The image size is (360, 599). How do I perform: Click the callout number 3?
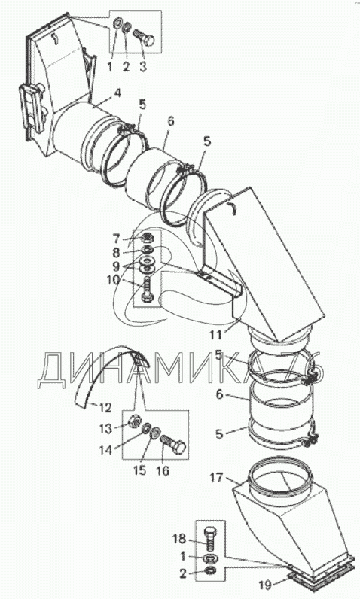tap(142, 67)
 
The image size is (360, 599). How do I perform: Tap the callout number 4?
tap(117, 93)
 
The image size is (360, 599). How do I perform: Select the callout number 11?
tap(216, 335)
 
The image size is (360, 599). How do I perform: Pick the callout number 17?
tap(216, 477)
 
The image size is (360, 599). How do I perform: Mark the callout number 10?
tap(113, 280)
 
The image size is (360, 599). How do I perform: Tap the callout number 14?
tap(105, 451)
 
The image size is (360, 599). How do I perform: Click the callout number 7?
tap(117, 239)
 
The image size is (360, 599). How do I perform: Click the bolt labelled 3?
tap(143, 38)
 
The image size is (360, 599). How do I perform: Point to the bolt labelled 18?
tap(210, 539)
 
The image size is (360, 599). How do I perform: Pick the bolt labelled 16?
tap(174, 444)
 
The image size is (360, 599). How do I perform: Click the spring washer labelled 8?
tap(146, 250)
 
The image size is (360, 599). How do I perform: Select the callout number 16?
tap(163, 471)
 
